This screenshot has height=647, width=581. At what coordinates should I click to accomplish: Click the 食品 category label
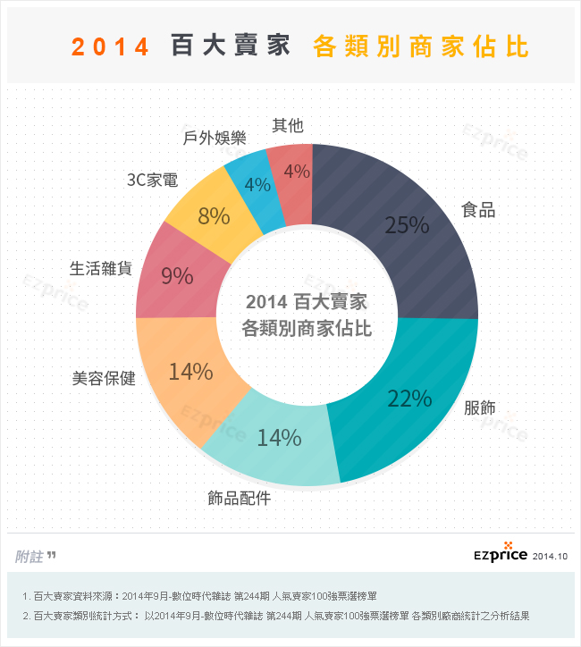[x=478, y=211]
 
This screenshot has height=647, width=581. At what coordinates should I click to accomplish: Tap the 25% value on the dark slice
[x=407, y=225]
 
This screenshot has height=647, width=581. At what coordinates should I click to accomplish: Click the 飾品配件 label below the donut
[x=239, y=498]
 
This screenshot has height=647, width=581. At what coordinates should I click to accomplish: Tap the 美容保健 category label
[x=104, y=378]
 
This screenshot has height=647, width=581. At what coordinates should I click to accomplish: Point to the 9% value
[x=177, y=276]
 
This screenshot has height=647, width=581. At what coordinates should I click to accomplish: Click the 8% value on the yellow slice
[x=215, y=215]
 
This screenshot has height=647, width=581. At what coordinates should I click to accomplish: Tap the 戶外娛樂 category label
[x=214, y=138]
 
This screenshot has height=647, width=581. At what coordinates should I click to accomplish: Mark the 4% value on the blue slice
[x=257, y=185]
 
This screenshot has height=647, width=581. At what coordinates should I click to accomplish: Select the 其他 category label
[x=287, y=126]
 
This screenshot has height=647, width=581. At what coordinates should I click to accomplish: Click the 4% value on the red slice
[x=296, y=172]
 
